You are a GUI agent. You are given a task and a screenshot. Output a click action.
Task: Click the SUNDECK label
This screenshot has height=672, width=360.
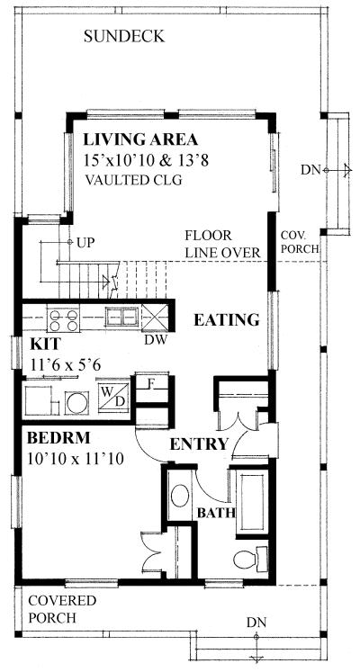[x=124, y=36]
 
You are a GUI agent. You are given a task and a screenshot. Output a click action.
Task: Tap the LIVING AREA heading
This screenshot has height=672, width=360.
[x=140, y=139]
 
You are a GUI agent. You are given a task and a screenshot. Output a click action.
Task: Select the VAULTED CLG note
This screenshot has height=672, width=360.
[x=133, y=180]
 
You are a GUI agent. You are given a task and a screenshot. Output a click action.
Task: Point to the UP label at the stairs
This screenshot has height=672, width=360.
[x=86, y=243]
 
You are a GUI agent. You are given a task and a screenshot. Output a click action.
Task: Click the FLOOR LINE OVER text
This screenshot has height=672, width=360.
[x=222, y=245]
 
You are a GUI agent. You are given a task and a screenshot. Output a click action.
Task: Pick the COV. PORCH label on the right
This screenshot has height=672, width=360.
[x=300, y=242]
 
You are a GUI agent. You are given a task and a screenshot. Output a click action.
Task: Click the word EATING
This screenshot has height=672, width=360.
[x=227, y=320]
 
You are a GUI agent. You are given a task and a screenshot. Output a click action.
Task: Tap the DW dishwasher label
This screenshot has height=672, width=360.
[x=155, y=340]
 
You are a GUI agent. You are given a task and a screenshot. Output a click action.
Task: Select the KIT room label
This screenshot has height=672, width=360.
[x=45, y=345]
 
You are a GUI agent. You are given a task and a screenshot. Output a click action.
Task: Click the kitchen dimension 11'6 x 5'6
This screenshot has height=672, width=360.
[x=66, y=364]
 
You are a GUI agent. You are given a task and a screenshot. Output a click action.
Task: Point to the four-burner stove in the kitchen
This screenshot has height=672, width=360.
[x=63, y=320]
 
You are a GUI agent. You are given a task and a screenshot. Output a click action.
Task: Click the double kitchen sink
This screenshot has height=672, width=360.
[x=122, y=318]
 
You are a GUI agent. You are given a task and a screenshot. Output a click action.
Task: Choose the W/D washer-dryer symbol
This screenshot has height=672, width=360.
[x=113, y=395]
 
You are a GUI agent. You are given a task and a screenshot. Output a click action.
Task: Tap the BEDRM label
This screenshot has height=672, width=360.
[x=58, y=438]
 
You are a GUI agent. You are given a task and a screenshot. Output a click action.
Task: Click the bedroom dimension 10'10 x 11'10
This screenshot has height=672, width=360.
[x=76, y=459]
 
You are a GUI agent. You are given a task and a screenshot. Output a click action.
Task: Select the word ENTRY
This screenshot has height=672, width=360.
[x=199, y=444]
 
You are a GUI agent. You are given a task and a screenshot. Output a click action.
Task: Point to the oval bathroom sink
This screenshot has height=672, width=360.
[x=180, y=497]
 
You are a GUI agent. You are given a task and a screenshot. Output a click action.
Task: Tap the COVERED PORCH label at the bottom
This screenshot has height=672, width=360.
[x=63, y=609]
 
